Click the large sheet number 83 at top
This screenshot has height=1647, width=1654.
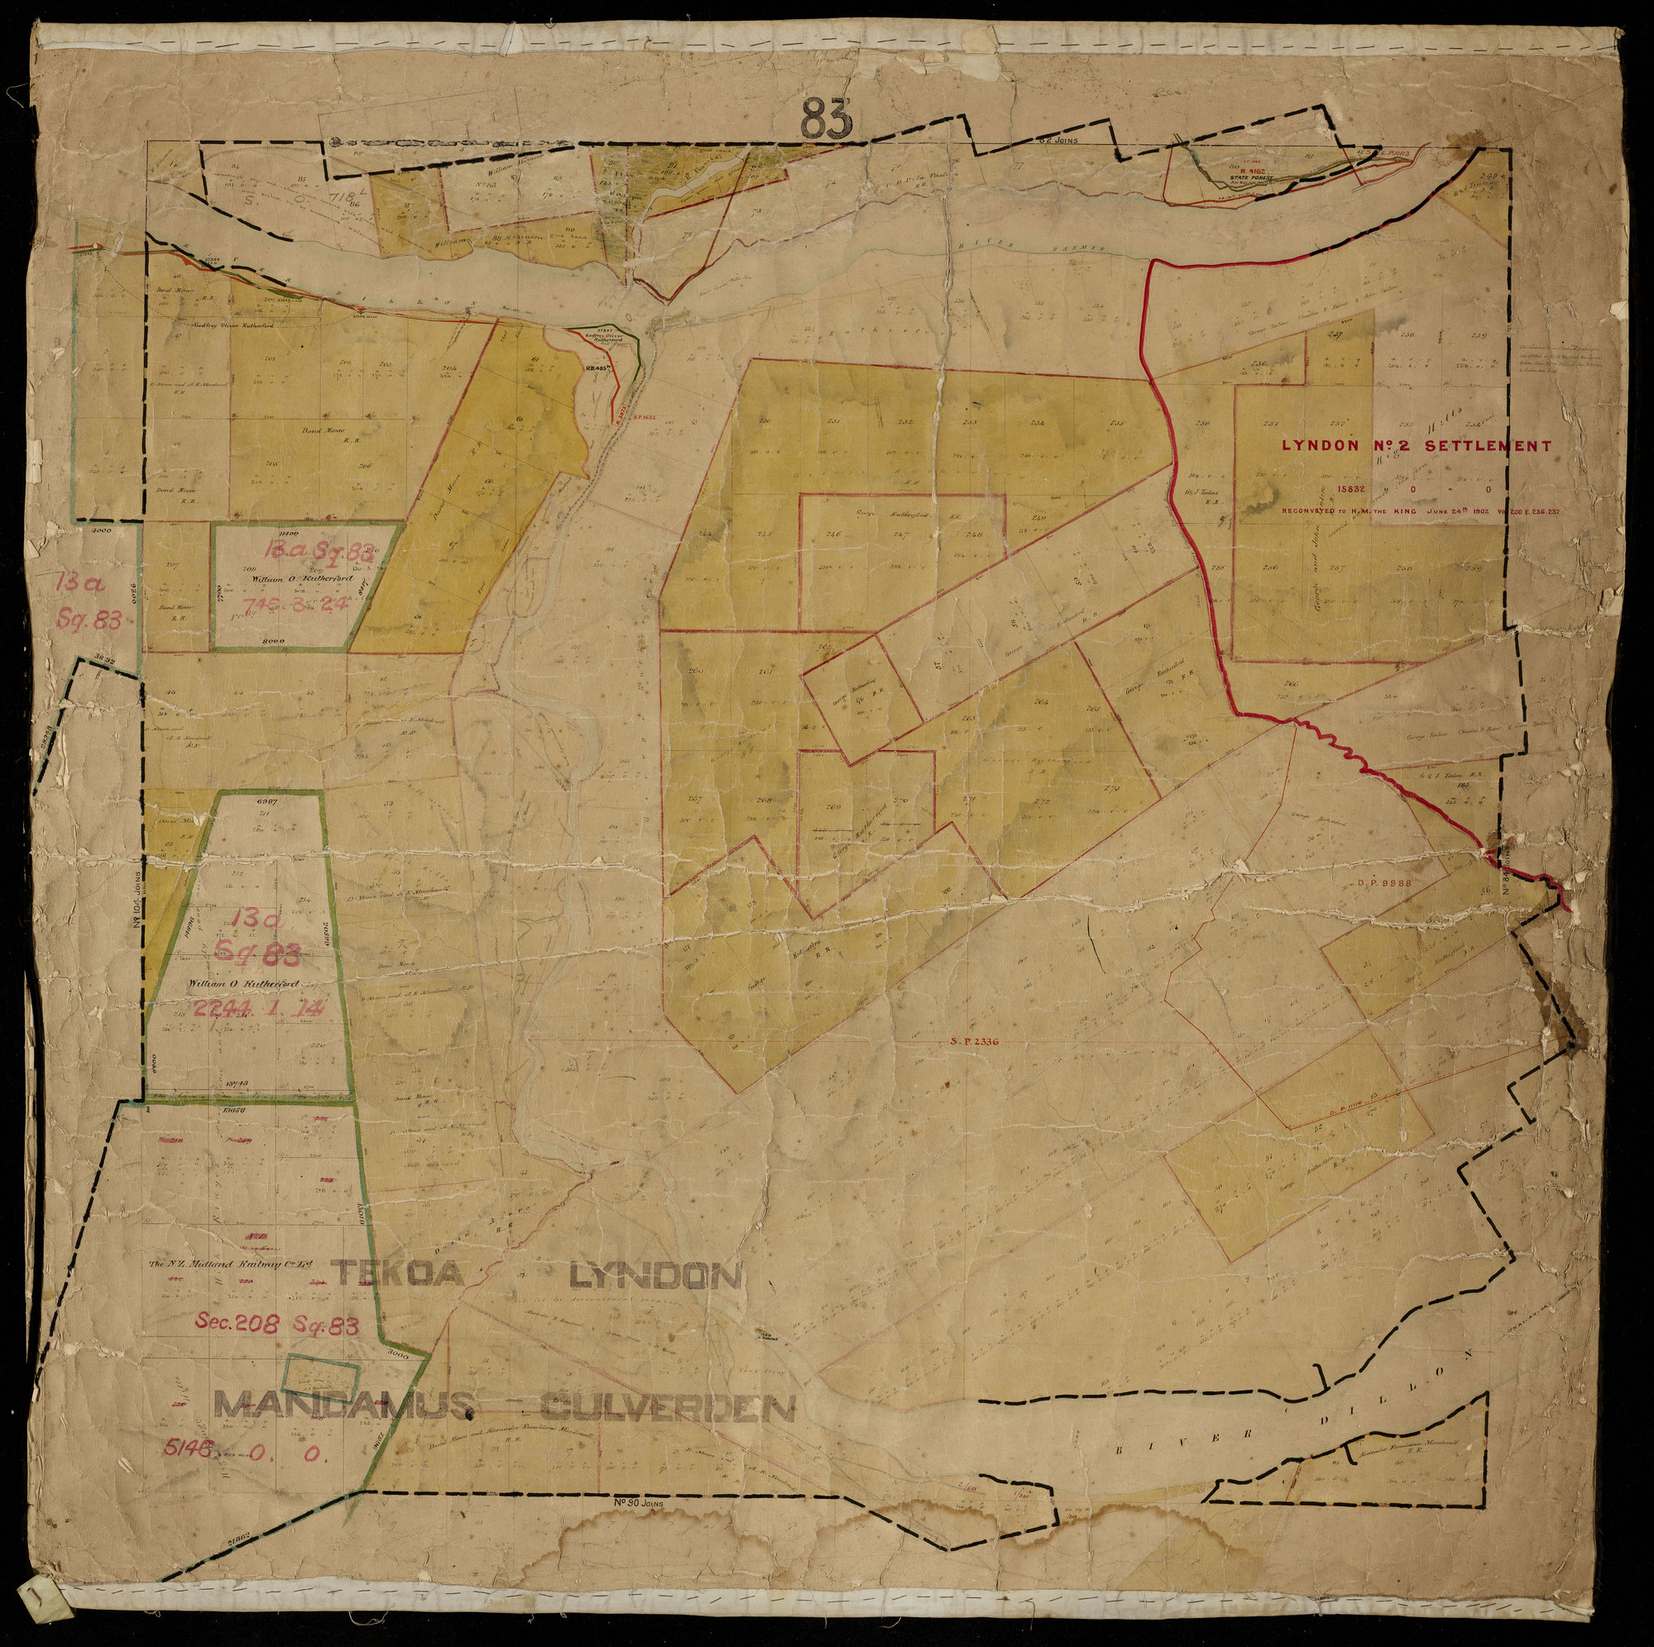click(828, 120)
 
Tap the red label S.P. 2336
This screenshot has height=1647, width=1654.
click(974, 1043)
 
